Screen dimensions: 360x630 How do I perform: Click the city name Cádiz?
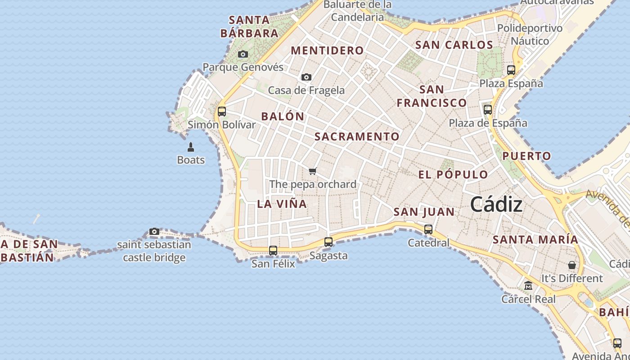(x=496, y=205)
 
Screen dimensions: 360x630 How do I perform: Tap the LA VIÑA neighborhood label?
(x=282, y=204)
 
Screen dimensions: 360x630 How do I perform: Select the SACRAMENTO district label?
(x=357, y=136)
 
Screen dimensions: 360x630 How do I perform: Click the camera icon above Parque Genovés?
(x=243, y=54)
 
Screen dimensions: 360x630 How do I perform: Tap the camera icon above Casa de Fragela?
(x=306, y=77)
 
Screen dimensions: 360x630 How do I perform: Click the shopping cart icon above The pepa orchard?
(x=313, y=171)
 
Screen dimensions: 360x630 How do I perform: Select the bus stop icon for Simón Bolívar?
(x=221, y=111)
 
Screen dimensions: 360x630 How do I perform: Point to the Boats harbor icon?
(x=191, y=147)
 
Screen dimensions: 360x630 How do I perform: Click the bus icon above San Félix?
(x=273, y=250)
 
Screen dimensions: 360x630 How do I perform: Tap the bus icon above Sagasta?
(x=328, y=242)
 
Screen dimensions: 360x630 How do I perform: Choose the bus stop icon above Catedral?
(x=428, y=229)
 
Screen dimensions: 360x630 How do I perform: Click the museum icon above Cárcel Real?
(x=528, y=286)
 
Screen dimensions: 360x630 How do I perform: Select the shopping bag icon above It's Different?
(x=571, y=265)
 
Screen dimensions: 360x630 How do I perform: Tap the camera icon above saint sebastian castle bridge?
(x=154, y=231)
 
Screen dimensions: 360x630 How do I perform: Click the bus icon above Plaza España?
(x=511, y=70)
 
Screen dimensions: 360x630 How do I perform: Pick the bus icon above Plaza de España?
(x=488, y=109)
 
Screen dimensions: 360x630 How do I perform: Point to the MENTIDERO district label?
(x=327, y=51)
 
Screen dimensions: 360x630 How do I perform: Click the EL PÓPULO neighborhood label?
(x=453, y=175)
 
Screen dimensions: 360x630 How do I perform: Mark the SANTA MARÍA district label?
(x=535, y=239)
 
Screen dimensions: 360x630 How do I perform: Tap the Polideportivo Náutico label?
(x=530, y=35)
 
